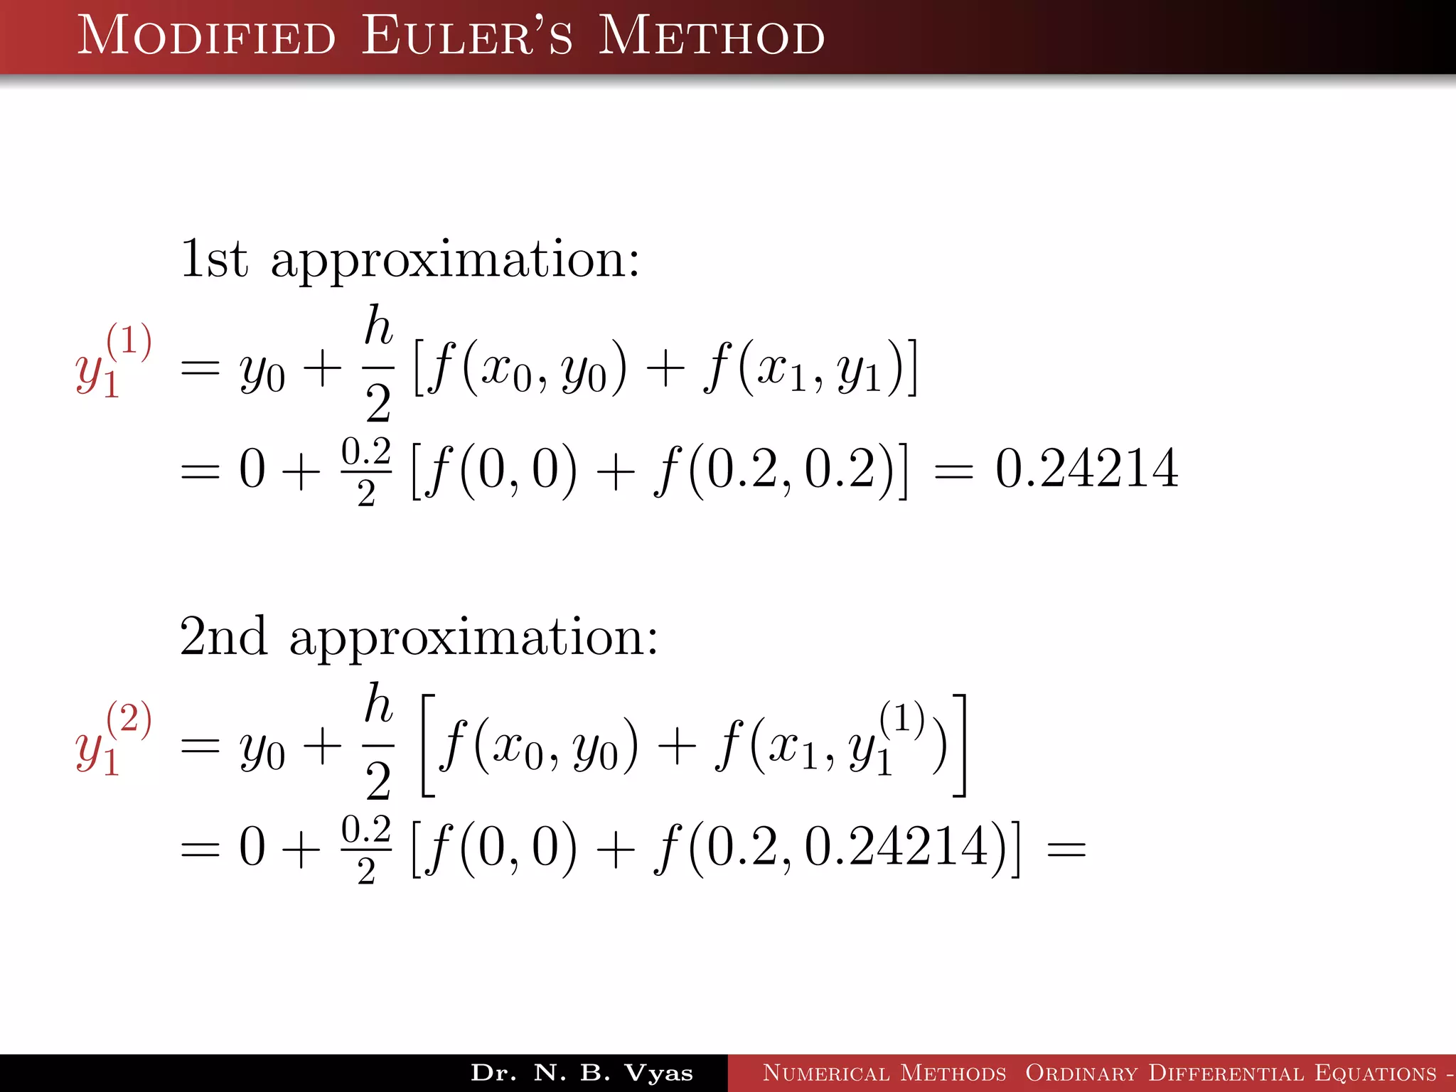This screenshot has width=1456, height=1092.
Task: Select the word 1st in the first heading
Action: pos(214,259)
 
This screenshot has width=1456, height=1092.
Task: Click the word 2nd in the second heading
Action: pos(223,636)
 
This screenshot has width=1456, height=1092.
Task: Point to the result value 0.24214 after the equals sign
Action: pos(1086,469)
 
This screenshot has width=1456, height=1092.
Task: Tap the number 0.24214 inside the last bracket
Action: pos(896,847)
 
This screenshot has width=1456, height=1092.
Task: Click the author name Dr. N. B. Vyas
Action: pos(582,1073)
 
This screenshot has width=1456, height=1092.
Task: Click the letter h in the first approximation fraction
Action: pos(378,326)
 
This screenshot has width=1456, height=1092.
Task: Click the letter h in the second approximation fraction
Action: pos(378,704)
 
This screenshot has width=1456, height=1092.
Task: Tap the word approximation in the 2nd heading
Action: pos(473,638)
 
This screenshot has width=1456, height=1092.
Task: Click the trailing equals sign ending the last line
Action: pos(1066,849)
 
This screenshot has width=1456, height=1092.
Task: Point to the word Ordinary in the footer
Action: pos(1081,1073)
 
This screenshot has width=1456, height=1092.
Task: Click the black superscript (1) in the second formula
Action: pos(901,717)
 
